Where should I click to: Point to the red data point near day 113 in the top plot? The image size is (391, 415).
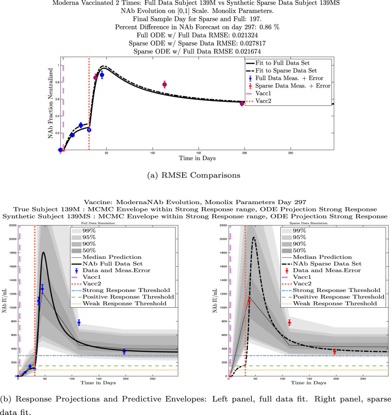(164, 84)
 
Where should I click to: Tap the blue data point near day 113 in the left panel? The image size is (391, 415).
(78, 323)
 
